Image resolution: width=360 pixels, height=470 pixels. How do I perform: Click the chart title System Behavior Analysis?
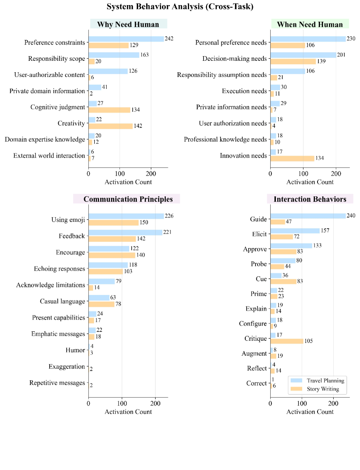click(180, 7)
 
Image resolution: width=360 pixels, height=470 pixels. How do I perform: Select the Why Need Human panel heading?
click(128, 24)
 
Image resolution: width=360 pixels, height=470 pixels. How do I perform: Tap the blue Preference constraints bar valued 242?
click(126, 39)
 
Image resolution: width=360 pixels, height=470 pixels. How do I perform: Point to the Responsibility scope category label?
click(57, 59)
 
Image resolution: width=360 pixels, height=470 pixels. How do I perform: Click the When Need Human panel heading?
click(309, 24)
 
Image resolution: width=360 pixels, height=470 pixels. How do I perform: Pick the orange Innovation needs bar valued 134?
click(292, 159)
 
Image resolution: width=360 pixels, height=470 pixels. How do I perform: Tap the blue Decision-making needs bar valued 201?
click(303, 55)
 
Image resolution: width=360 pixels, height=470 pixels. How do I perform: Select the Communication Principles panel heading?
click(128, 199)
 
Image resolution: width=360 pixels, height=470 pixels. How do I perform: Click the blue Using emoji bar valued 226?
click(126, 216)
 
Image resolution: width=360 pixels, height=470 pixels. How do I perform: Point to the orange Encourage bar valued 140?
click(112, 255)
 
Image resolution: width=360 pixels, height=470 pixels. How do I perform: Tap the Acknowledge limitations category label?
click(51, 285)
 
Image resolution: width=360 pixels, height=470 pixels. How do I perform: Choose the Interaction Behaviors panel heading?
click(310, 199)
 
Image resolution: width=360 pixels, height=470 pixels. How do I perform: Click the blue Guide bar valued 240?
click(308, 216)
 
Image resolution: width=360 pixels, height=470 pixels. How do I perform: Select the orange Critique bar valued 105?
click(286, 341)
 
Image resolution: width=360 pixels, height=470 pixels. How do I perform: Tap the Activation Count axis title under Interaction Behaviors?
click(310, 411)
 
